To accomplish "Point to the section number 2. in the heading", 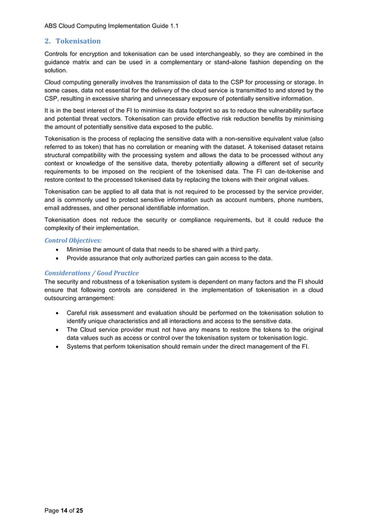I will coord(48,41).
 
